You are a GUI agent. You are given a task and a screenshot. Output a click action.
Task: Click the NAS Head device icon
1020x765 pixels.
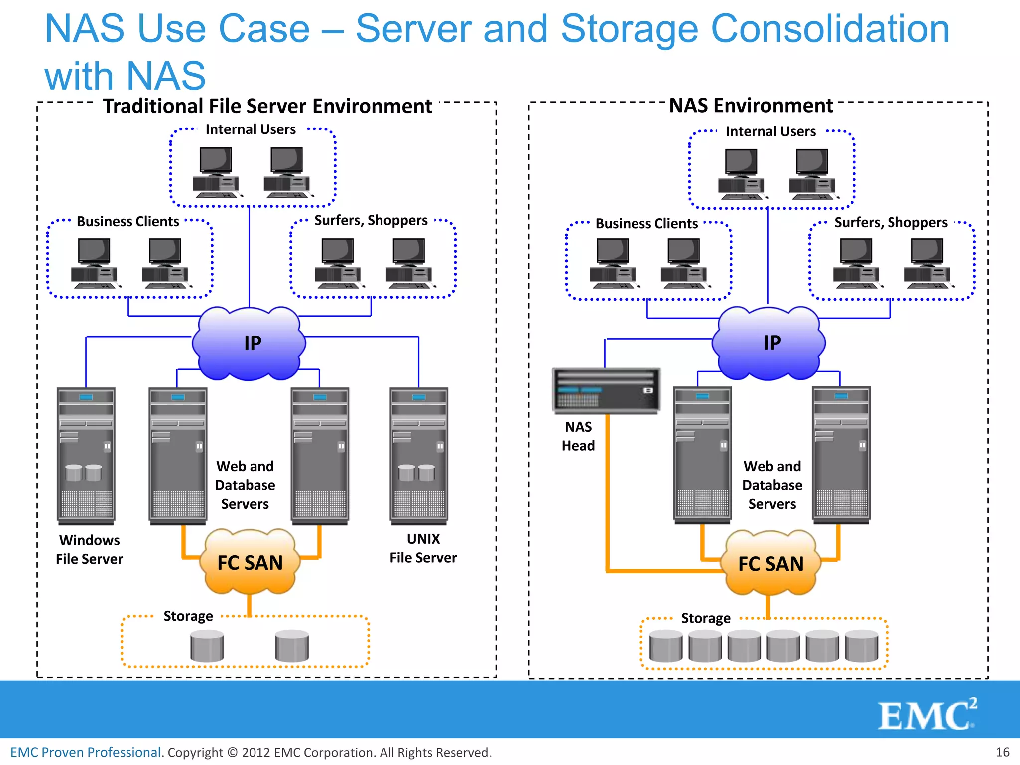click(606, 390)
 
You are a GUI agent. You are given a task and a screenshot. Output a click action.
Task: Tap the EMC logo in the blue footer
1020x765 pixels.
click(926, 715)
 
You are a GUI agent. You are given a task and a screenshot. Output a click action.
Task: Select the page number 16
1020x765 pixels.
click(1002, 752)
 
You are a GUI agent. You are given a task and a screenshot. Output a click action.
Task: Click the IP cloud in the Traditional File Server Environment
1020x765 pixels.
click(249, 343)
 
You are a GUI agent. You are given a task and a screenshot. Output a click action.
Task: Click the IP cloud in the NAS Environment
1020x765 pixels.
click(769, 343)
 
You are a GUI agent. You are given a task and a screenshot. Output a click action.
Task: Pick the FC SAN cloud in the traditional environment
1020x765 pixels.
click(250, 562)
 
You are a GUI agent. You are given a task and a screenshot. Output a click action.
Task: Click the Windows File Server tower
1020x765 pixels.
click(86, 456)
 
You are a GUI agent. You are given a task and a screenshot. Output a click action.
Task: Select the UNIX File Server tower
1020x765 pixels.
click(419, 456)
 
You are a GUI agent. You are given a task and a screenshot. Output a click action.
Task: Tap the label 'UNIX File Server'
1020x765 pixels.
click(423, 548)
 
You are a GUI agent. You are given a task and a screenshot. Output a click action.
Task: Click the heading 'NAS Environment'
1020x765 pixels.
click(751, 106)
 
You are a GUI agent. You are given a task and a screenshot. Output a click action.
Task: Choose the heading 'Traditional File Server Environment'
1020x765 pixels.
click(267, 106)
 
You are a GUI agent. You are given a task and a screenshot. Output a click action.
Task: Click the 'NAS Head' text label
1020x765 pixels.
click(578, 436)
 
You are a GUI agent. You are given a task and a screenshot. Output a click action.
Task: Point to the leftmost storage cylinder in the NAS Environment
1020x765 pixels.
click(666, 646)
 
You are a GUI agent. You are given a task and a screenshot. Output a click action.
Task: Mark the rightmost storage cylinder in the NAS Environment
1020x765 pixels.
click(861, 646)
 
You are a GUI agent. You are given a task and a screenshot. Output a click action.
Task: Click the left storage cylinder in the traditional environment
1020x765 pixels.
click(207, 645)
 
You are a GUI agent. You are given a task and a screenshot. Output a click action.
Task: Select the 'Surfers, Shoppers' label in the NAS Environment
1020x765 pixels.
click(891, 222)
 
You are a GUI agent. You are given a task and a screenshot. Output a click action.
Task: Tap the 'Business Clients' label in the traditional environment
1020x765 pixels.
click(127, 221)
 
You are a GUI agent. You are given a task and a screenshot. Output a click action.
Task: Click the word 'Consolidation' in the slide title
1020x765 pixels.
click(830, 29)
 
